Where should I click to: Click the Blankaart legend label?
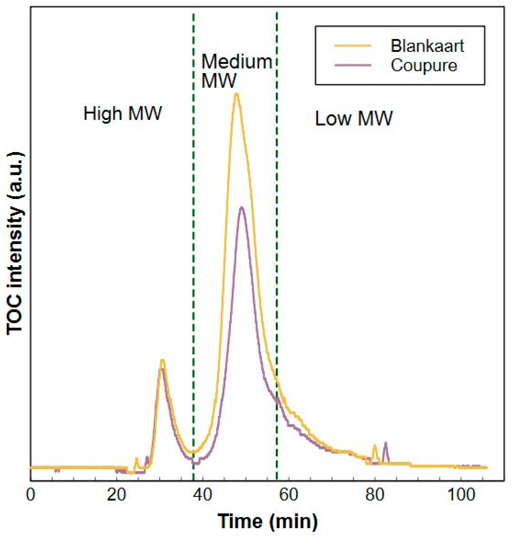[x=427, y=46]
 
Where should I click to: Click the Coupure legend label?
[x=424, y=65]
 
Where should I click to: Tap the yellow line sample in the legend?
[x=353, y=46]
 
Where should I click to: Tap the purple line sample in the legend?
[x=353, y=65]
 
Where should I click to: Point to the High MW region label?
[x=123, y=114]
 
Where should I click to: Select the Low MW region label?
[x=353, y=118]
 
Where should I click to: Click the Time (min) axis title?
[x=268, y=521]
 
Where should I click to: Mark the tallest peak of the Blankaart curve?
[x=236, y=94]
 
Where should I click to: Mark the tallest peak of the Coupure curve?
[x=242, y=208]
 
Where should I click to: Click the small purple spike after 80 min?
[x=386, y=444]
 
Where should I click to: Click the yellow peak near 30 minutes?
[x=162, y=361]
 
